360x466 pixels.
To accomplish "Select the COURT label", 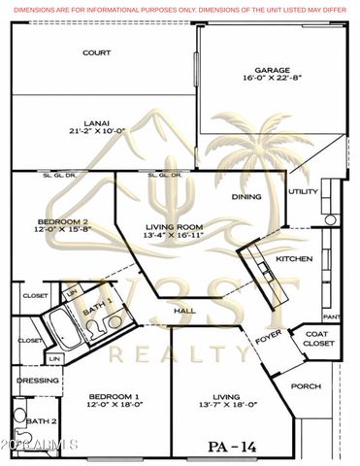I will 95,52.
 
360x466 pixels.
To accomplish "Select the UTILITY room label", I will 304,191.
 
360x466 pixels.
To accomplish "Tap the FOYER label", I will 267,341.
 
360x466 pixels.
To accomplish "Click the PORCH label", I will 306,385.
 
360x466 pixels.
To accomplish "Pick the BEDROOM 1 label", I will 115,396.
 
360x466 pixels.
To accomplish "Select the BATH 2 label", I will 39,421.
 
